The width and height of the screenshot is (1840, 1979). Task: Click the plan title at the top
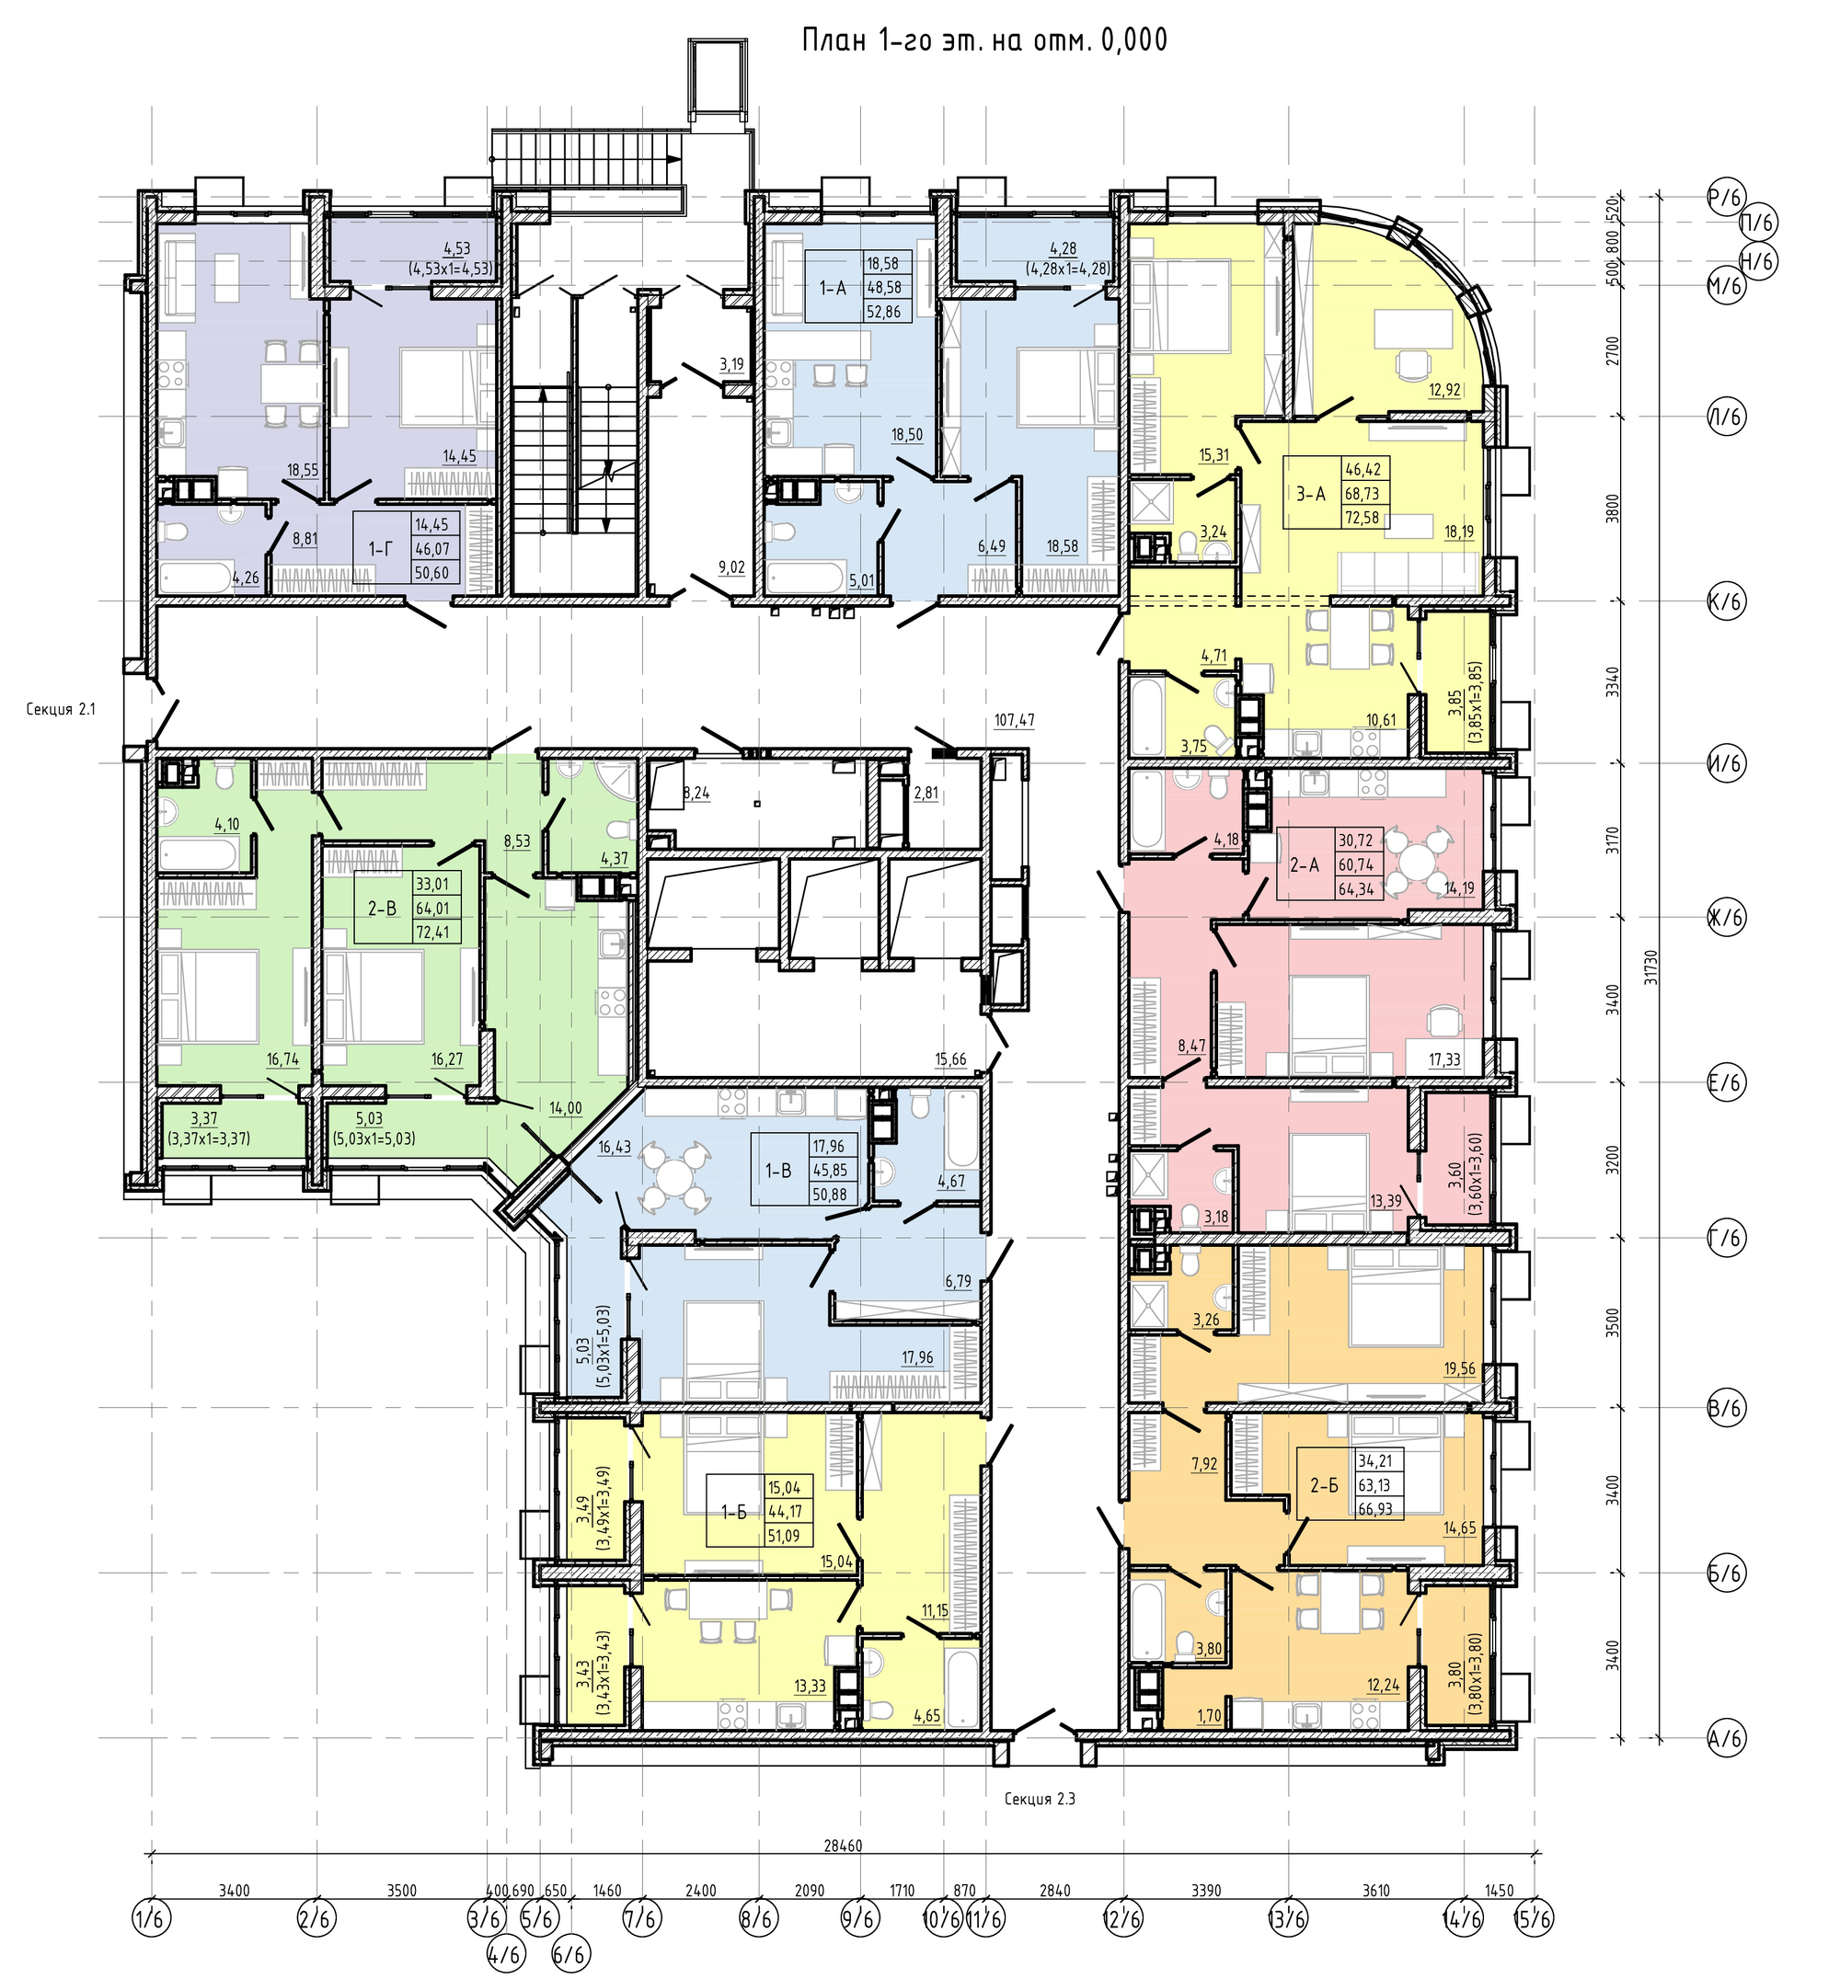click(x=983, y=40)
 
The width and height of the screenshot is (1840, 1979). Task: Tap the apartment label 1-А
click(x=833, y=288)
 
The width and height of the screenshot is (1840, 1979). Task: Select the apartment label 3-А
click(x=1311, y=493)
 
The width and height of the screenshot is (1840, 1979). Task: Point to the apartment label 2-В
click(x=383, y=907)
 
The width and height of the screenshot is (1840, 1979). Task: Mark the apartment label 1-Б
click(x=734, y=1512)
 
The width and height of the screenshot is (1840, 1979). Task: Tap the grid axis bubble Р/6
click(x=1726, y=196)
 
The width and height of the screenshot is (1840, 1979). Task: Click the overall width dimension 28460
click(x=843, y=1846)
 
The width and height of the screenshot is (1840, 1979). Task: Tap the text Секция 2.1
click(x=62, y=710)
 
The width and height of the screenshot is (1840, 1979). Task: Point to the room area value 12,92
click(x=1444, y=390)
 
